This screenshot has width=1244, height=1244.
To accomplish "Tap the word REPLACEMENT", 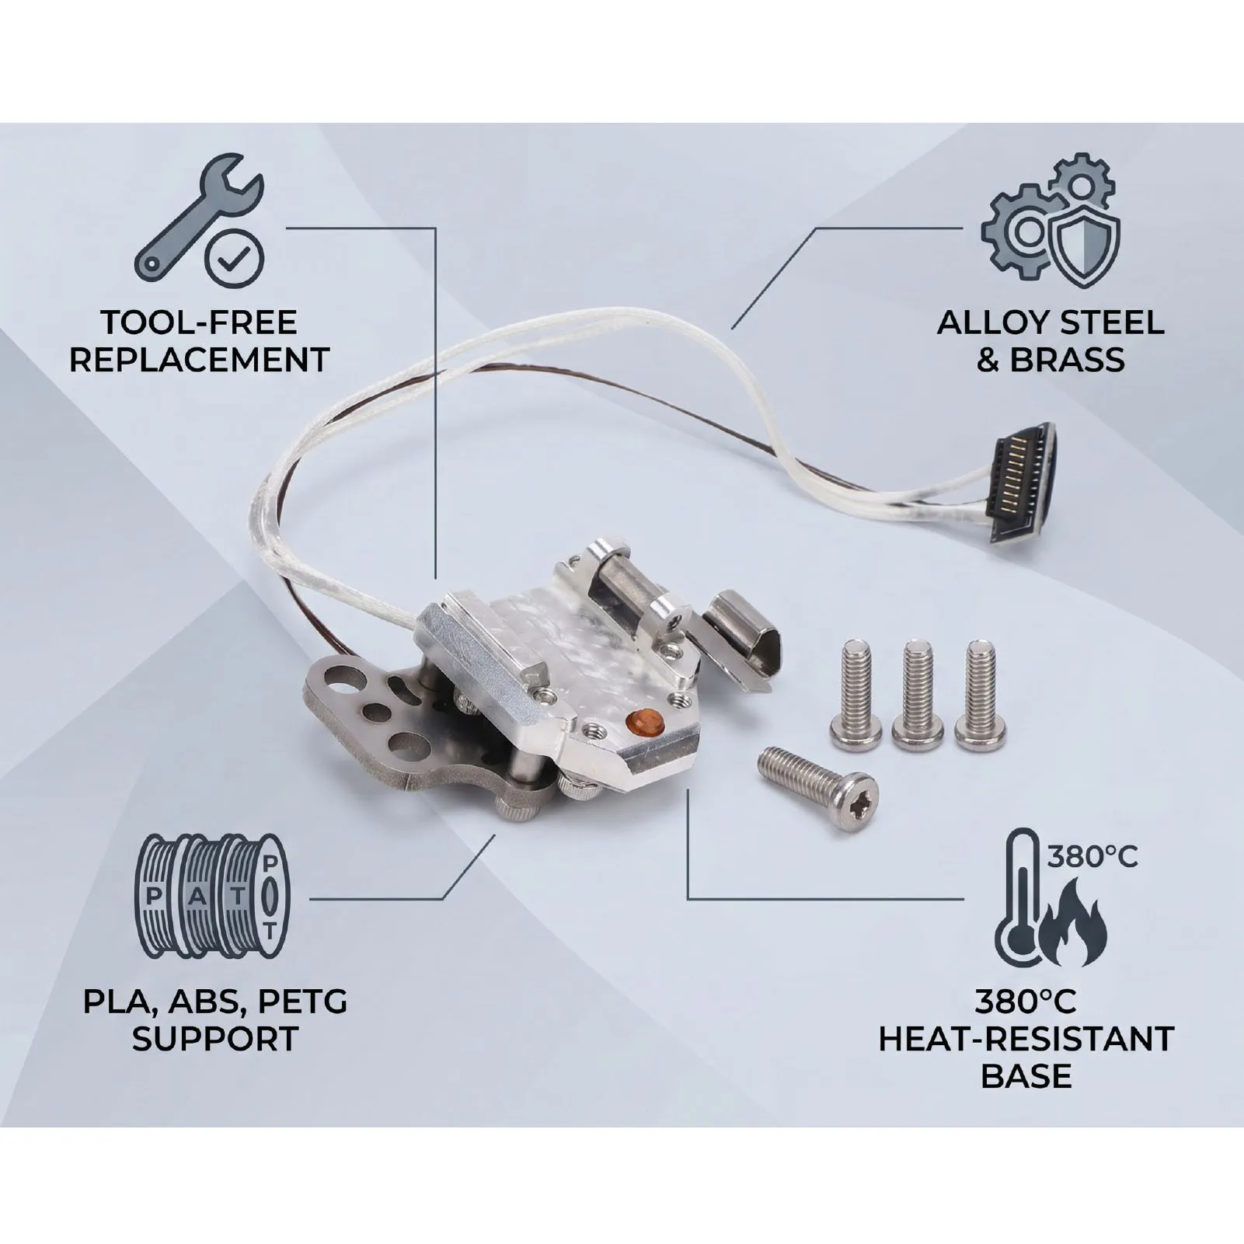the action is pos(200,360).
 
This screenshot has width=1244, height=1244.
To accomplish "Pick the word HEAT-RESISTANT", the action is pos(1026,1039).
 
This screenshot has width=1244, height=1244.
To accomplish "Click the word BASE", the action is pos(1026,1076).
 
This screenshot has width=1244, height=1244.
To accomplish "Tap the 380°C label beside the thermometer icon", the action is pos(1092,856).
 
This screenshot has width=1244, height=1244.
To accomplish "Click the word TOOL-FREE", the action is pos(200,322).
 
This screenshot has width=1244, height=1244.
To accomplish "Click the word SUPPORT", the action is pos(214,1039).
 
